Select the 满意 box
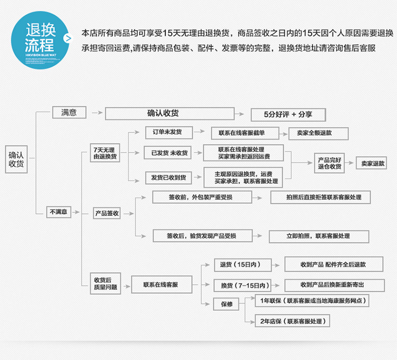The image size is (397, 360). [69, 112]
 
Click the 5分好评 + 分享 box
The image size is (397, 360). [288, 114]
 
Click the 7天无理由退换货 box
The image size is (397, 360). [106, 152]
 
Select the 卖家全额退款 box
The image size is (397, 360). [318, 133]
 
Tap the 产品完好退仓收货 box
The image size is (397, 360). [330, 163]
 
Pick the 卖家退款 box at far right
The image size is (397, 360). [373, 164]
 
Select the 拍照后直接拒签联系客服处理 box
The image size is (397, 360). [320, 197]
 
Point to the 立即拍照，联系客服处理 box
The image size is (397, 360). [318, 236]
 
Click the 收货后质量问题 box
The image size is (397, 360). [105, 283]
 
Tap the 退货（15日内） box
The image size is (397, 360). [242, 265]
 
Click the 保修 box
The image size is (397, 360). [226, 304]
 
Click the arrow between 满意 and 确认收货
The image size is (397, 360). [96, 113]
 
